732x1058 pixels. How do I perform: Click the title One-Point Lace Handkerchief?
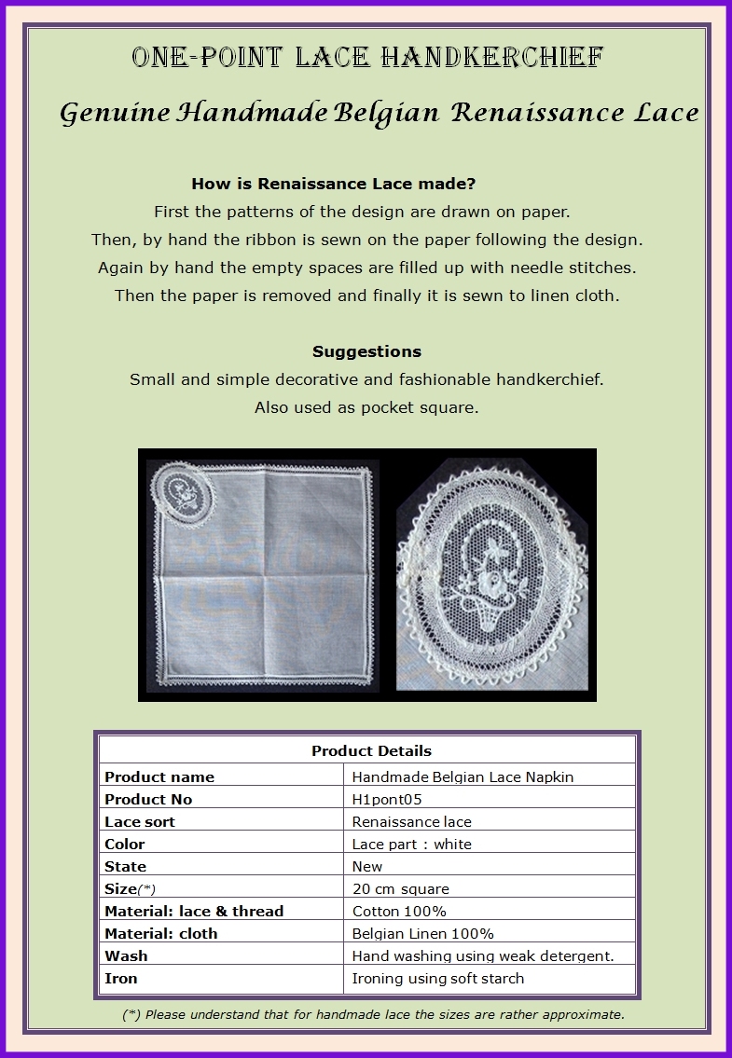tap(366, 58)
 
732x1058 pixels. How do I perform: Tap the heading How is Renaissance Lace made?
tap(333, 184)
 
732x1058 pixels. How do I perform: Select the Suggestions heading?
tap(366, 351)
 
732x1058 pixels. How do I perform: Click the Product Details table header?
tap(371, 750)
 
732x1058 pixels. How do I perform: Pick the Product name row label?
tap(159, 776)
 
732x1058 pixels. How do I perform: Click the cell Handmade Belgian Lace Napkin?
tap(463, 776)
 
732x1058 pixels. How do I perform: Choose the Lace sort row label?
tap(140, 821)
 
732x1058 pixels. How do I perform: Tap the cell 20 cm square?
tap(401, 888)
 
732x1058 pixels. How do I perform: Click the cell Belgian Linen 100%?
tap(422, 933)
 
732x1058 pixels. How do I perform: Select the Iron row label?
tap(121, 978)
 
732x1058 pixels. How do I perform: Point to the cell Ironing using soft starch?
tap(438, 978)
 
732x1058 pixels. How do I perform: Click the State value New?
tap(367, 866)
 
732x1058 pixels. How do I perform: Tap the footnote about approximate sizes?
tap(373, 1014)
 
